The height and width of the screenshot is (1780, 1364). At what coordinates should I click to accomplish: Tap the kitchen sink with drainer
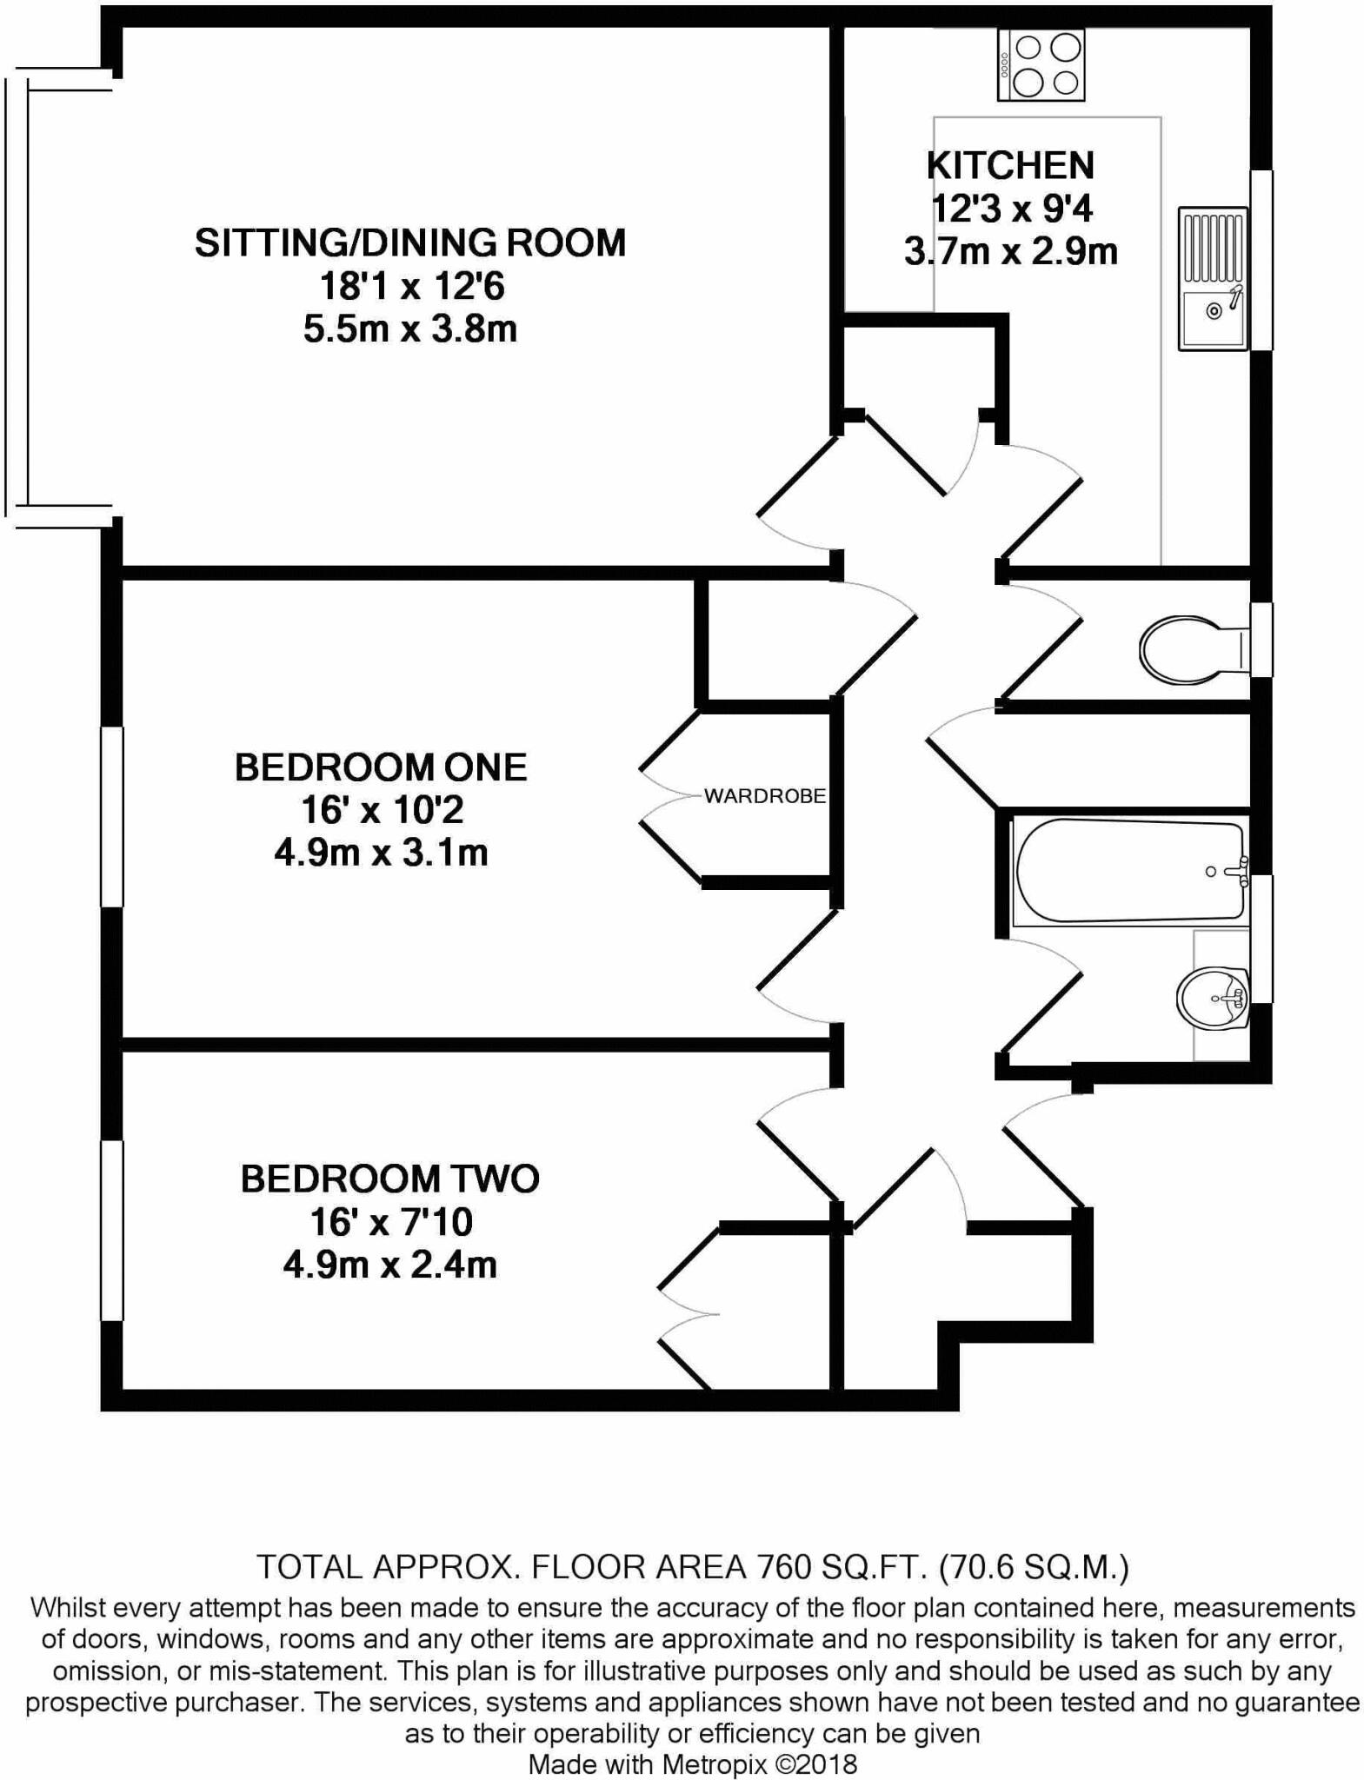pyautogui.click(x=1212, y=278)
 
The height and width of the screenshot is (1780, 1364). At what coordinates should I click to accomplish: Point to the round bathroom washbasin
pyautogui.click(x=1212, y=997)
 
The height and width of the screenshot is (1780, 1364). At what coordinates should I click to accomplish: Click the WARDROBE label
pyautogui.click(x=764, y=796)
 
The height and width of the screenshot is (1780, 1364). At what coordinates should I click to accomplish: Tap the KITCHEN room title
pyautogui.click(x=1010, y=165)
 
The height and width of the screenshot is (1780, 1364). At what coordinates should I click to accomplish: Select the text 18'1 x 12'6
pyautogui.click(x=411, y=286)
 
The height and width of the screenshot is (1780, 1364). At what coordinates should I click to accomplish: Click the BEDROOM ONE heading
pyautogui.click(x=381, y=767)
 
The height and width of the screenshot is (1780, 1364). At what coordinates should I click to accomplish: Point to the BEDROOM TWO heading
pyautogui.click(x=389, y=1179)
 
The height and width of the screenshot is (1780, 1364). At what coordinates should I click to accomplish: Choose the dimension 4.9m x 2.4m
pyautogui.click(x=389, y=1265)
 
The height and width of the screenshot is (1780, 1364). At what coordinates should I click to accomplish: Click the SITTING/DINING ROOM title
pyautogui.click(x=409, y=242)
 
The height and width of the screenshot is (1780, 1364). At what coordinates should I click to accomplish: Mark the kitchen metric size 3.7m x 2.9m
pyautogui.click(x=1010, y=252)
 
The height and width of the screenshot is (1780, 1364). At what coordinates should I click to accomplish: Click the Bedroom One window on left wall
pyautogui.click(x=112, y=817)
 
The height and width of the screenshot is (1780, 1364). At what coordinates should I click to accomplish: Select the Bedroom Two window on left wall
pyautogui.click(x=112, y=1230)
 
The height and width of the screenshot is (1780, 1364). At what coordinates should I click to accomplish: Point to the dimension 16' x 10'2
pyautogui.click(x=383, y=810)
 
